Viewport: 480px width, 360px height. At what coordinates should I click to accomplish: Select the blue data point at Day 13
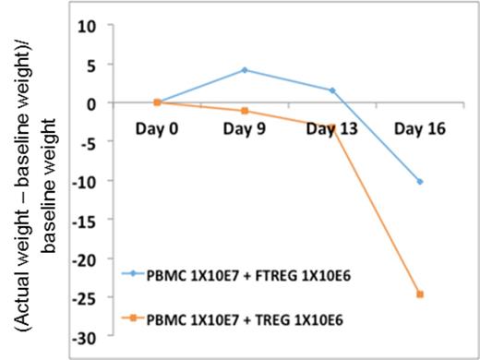(x=331, y=90)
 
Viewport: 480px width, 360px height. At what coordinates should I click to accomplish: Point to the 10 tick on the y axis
(x=86, y=25)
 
